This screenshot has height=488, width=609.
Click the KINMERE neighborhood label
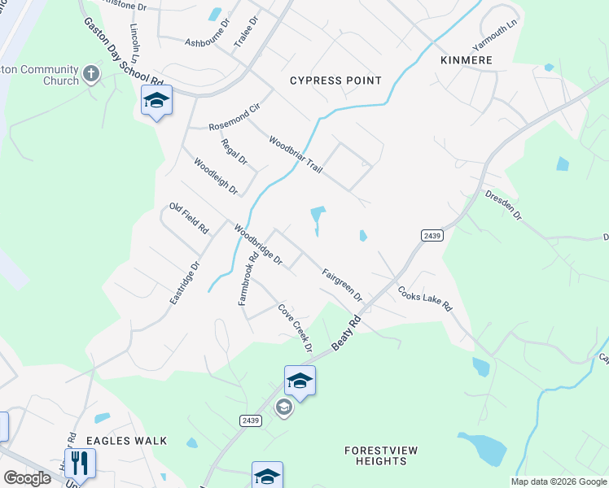click(x=467, y=61)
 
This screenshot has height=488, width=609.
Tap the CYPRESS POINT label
click(x=336, y=81)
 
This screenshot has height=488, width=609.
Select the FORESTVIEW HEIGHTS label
click(x=375, y=455)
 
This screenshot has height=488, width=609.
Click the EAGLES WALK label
click(x=127, y=441)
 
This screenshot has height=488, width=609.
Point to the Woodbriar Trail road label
click(x=296, y=154)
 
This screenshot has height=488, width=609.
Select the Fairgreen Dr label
click(x=341, y=285)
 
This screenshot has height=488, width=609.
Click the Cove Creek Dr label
click(x=296, y=328)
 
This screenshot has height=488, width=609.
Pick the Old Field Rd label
click(x=188, y=219)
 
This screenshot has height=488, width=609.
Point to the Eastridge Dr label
click(x=185, y=283)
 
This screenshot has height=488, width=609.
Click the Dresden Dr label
click(x=502, y=207)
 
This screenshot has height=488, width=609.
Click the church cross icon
click(x=91, y=75)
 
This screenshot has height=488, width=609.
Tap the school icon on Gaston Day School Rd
click(x=156, y=101)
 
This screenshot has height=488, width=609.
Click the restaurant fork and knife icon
click(x=80, y=463)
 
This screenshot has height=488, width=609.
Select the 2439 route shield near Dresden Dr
click(x=432, y=235)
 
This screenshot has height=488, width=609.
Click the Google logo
click(x=27, y=478)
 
